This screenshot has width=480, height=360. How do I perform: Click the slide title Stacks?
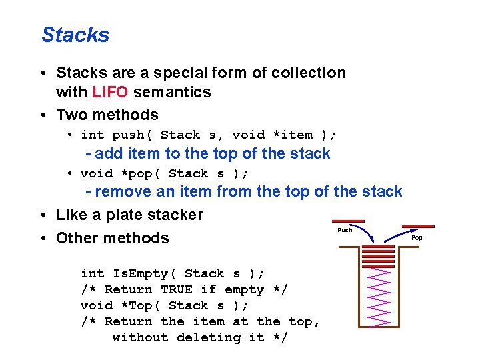(75, 35)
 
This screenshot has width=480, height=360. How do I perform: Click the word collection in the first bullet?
(308, 73)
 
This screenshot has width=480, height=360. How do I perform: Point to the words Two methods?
(107, 115)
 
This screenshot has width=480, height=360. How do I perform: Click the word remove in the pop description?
(127, 192)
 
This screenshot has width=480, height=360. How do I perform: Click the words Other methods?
(113, 238)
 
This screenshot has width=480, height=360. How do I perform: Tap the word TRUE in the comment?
(177, 289)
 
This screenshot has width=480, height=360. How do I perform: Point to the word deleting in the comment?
(209, 337)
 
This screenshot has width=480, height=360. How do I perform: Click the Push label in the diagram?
(345, 230)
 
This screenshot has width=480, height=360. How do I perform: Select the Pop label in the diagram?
(417, 237)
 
